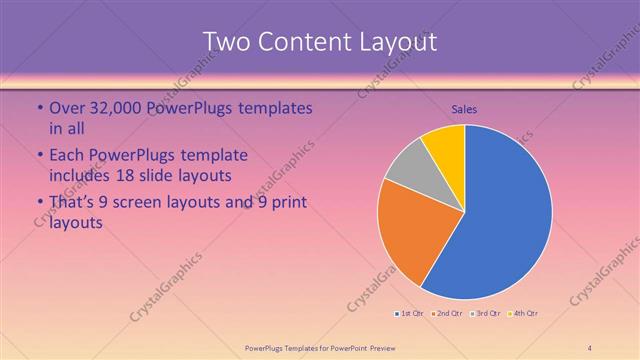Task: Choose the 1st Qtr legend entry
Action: pos(410,314)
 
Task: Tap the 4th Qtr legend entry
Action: pos(524,314)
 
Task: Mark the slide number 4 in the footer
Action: pos(590,348)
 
